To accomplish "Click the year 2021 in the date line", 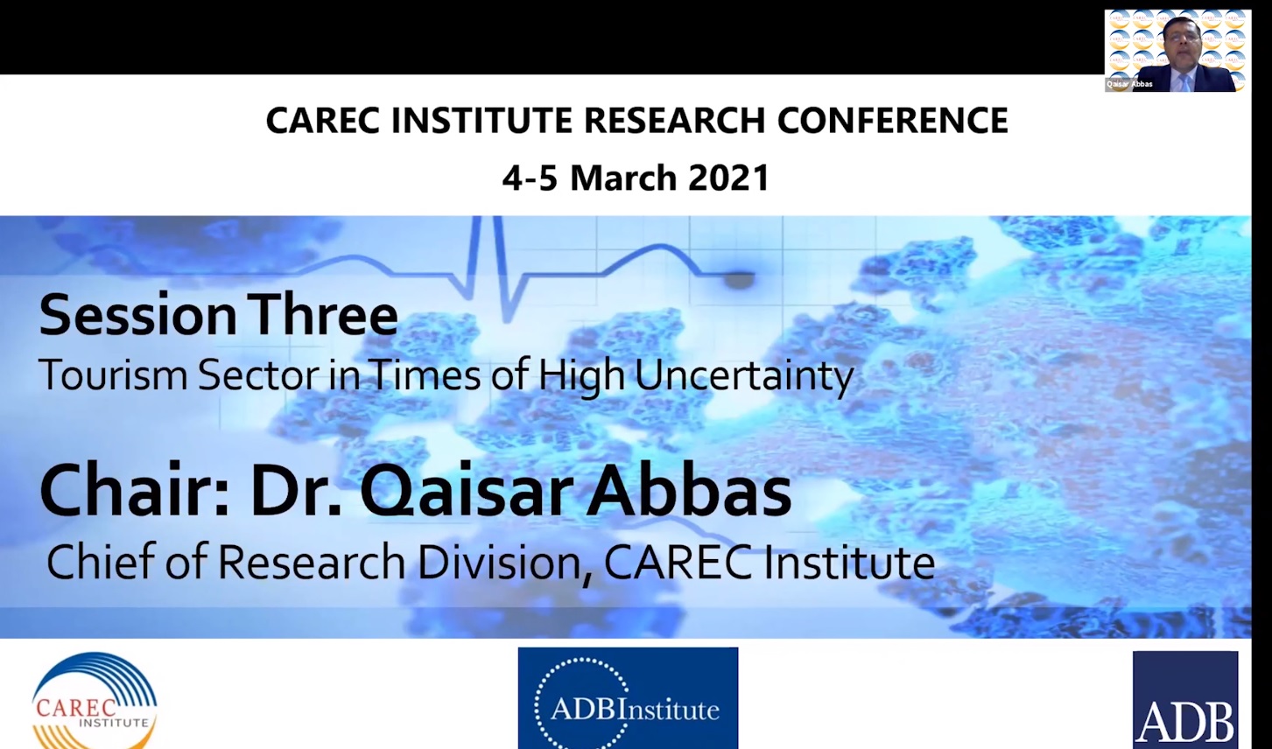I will pos(728,178).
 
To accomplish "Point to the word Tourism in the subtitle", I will pos(113,375).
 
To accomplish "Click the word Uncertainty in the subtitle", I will pos(743,376).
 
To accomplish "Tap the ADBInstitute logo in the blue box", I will pos(628,699).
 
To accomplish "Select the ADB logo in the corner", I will pos(1184,701).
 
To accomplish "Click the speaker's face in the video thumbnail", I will pos(1181,43).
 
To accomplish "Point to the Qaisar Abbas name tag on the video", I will pos(1129,84).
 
